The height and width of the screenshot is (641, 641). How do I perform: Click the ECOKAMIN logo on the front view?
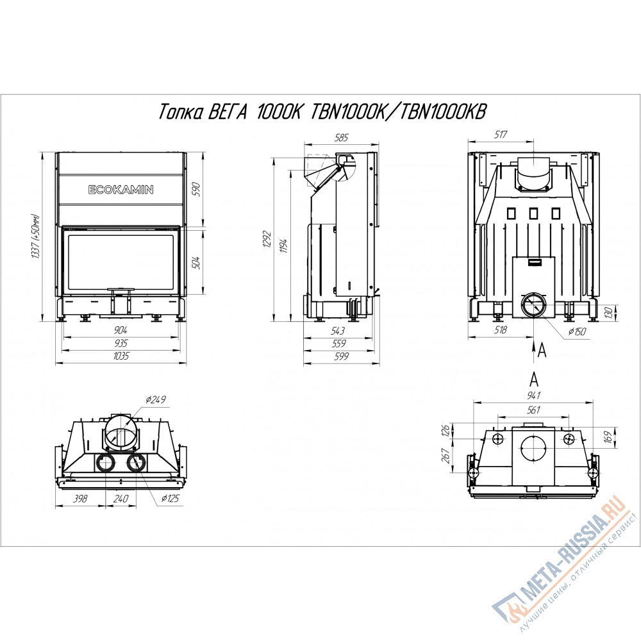[x=121, y=190]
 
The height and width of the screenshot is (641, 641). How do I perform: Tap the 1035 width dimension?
[x=121, y=356]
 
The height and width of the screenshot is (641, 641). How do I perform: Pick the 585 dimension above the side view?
[x=341, y=137]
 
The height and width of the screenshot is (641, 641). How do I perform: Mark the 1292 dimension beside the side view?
[x=267, y=240]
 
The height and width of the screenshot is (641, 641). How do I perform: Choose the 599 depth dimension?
[x=341, y=356]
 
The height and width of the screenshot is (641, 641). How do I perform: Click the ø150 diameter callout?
[x=576, y=331]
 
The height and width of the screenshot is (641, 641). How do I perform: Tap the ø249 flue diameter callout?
[x=155, y=399]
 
